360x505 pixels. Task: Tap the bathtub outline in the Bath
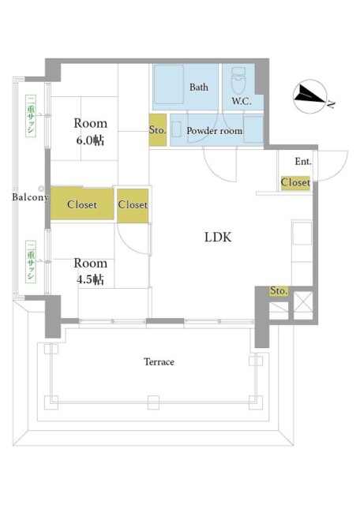coord(169,84)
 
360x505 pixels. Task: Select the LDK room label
coord(218,238)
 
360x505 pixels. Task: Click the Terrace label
coord(159,362)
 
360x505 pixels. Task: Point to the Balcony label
coord(30,197)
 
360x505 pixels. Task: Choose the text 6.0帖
coord(90,140)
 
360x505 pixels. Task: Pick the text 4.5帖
coord(90,279)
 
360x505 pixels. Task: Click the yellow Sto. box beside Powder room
coord(158,129)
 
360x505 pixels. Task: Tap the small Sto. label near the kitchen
coord(279,291)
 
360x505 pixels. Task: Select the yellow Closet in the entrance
coord(295,182)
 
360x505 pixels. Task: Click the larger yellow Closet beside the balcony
coord(82,204)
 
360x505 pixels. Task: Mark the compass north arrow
coord(310,95)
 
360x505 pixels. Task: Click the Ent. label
coord(303,161)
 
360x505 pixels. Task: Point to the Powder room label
coord(214,131)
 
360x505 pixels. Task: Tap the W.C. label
coord(242,101)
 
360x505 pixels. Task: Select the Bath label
coord(198,87)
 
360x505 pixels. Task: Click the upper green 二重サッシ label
coord(31,115)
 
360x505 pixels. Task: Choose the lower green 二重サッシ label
coord(31,261)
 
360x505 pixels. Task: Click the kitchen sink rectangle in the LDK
coord(302,234)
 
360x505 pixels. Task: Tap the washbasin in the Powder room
coord(176,129)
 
